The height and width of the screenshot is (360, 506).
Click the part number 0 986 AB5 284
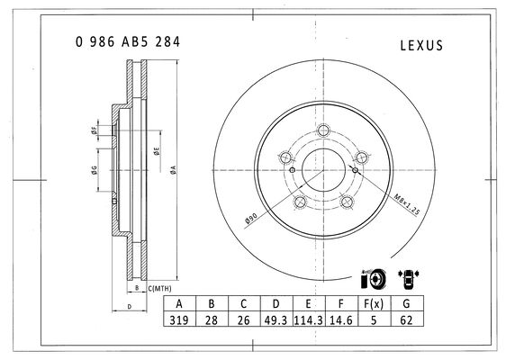(x=128, y=42)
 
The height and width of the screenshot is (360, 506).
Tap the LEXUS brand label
(x=421, y=46)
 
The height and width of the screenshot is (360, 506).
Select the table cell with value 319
(x=179, y=319)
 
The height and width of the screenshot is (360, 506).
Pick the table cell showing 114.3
(x=309, y=319)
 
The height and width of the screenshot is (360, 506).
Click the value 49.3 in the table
(x=276, y=319)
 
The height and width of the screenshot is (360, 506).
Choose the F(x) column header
(x=374, y=303)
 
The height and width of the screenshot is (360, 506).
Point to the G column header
(x=407, y=303)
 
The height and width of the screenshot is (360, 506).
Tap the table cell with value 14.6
(x=341, y=319)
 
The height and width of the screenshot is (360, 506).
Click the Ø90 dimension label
(x=251, y=218)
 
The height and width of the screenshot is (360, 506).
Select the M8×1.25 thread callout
(x=407, y=204)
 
